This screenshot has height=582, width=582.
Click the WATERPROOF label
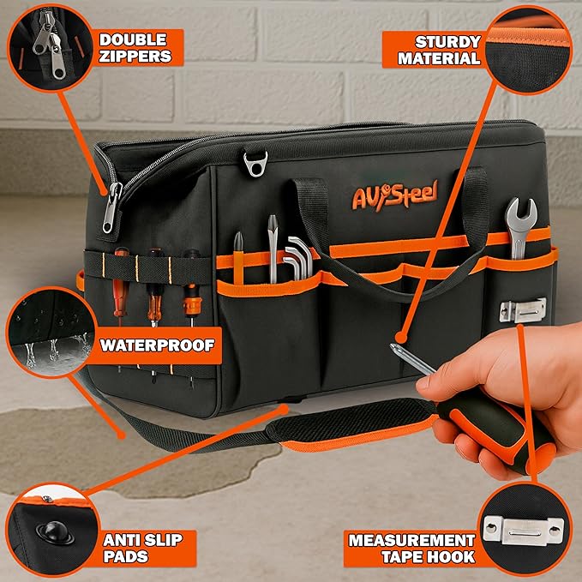pyautogui.click(x=157, y=346)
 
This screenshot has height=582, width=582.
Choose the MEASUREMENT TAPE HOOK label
pyautogui.click(x=411, y=550)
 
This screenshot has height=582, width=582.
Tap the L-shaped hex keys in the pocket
pyautogui.click(x=296, y=257)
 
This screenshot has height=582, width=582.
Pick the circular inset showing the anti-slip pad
pyautogui.click(x=47, y=531)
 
